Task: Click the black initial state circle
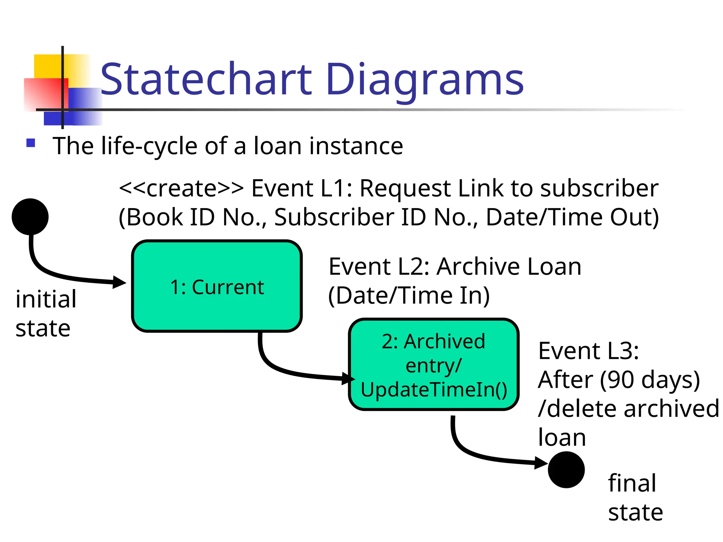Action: click(x=30, y=217)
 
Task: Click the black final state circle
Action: click(x=566, y=470)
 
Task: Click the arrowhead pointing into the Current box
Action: click(x=119, y=282)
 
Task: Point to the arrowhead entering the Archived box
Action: click(x=349, y=379)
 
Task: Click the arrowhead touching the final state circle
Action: click(x=541, y=462)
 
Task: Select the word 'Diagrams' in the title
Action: click(x=425, y=79)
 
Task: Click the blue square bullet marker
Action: click(x=31, y=143)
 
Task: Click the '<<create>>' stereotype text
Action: click(x=181, y=188)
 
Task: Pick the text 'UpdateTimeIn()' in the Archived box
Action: click(x=434, y=390)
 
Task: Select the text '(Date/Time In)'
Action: click(x=409, y=295)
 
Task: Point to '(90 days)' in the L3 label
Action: click(x=650, y=380)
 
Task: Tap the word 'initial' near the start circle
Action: click(x=46, y=299)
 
